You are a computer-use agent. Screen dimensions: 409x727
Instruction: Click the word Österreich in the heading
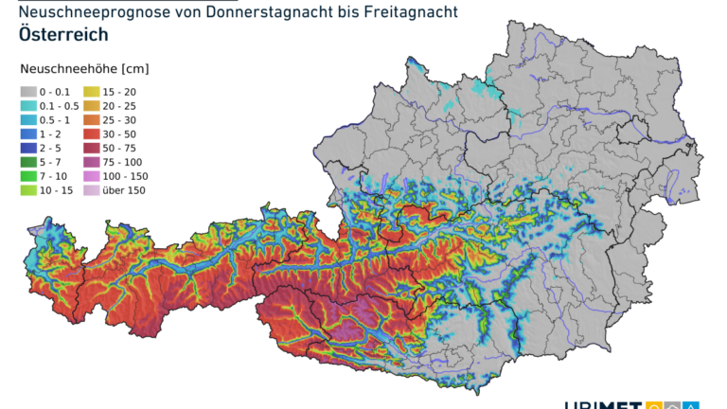(62, 35)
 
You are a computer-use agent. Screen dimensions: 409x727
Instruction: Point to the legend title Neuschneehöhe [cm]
(84, 69)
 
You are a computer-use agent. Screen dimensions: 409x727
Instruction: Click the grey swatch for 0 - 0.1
(28, 91)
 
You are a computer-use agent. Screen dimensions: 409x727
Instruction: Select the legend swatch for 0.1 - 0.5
(28, 105)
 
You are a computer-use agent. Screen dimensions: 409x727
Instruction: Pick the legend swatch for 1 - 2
(28, 133)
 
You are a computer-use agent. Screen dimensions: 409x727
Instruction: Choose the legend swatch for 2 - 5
(28, 148)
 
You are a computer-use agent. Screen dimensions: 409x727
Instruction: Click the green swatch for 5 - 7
(28, 162)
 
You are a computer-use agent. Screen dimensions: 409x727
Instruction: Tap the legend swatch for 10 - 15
(28, 190)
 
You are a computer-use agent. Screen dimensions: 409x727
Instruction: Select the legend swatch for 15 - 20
(92, 91)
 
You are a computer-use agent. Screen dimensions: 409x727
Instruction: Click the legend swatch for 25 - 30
(92, 119)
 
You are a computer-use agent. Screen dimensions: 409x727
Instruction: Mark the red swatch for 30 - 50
(92, 133)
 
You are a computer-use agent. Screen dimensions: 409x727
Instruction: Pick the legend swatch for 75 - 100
(92, 162)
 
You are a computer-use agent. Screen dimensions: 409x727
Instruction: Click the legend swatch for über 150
(92, 190)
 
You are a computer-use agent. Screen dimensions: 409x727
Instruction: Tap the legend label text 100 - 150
(125, 176)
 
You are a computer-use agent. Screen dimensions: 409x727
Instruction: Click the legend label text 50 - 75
(120, 148)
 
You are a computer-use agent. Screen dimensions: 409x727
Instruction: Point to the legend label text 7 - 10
(55, 176)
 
